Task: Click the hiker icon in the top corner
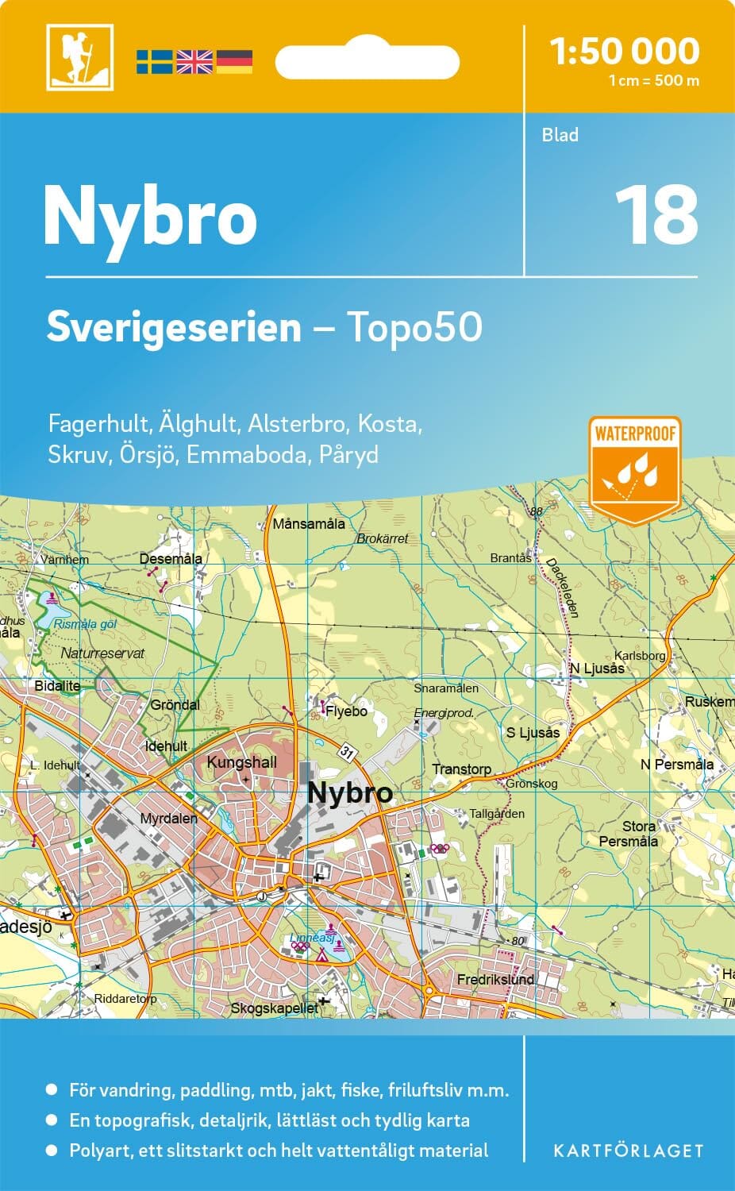click(x=79, y=56)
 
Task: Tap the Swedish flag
click(x=154, y=61)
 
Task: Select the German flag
click(x=234, y=61)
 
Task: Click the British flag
click(x=194, y=61)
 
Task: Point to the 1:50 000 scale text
click(x=625, y=52)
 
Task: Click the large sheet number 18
click(x=656, y=215)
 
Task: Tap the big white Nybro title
click(x=151, y=217)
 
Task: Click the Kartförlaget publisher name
click(x=627, y=1151)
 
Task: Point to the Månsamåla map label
click(x=309, y=524)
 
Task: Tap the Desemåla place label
click(x=171, y=559)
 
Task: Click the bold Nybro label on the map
click(x=349, y=792)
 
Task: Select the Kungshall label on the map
click(x=241, y=762)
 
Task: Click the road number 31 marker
click(x=346, y=751)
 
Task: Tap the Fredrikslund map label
click(x=495, y=980)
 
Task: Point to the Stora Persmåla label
click(x=629, y=834)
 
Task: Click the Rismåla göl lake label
click(x=85, y=624)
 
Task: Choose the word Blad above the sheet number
click(x=560, y=135)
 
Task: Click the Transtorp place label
click(x=461, y=769)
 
